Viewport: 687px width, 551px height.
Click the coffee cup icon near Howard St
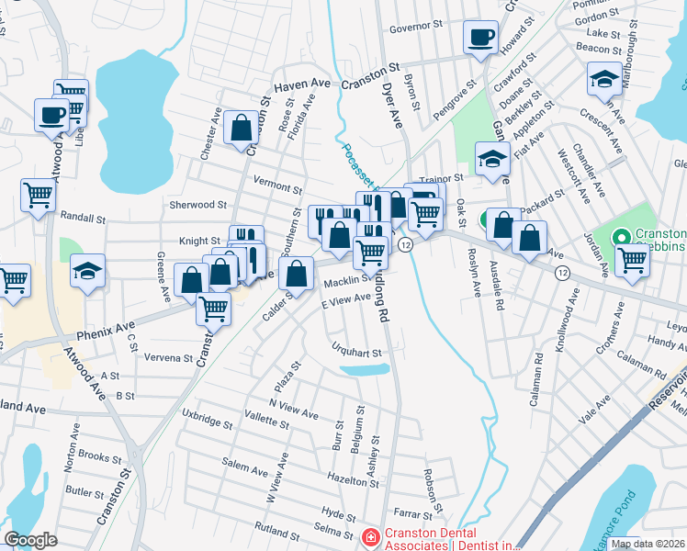click(x=480, y=38)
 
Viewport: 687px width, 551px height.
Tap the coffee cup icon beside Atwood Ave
click(x=51, y=115)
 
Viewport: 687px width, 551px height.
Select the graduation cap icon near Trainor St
click(x=492, y=158)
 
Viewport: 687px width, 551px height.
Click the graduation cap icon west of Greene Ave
click(x=88, y=271)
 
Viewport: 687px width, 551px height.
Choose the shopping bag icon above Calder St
click(x=296, y=273)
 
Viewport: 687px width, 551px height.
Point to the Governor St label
click(x=417, y=28)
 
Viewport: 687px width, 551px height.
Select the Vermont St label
click(x=277, y=188)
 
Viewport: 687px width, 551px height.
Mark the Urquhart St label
click(x=356, y=352)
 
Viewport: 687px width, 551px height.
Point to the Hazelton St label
click(x=353, y=480)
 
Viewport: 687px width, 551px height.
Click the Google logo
click(x=31, y=540)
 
